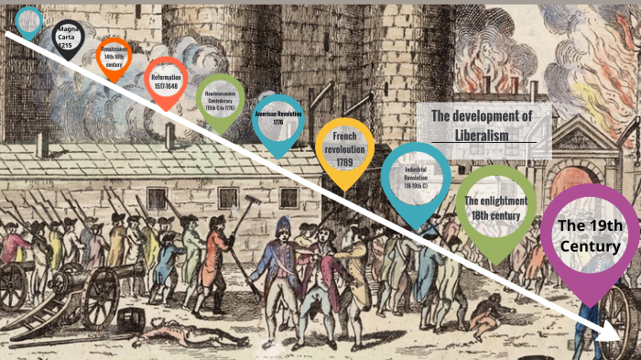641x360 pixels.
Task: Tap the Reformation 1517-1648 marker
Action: tap(166, 80)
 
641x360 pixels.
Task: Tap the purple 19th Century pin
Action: tap(590, 236)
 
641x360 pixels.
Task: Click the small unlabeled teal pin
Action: tap(29, 19)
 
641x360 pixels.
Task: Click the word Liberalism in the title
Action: tap(483, 135)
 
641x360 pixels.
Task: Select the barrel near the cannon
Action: tap(130, 319)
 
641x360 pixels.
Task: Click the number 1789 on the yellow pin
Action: tap(344, 163)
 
